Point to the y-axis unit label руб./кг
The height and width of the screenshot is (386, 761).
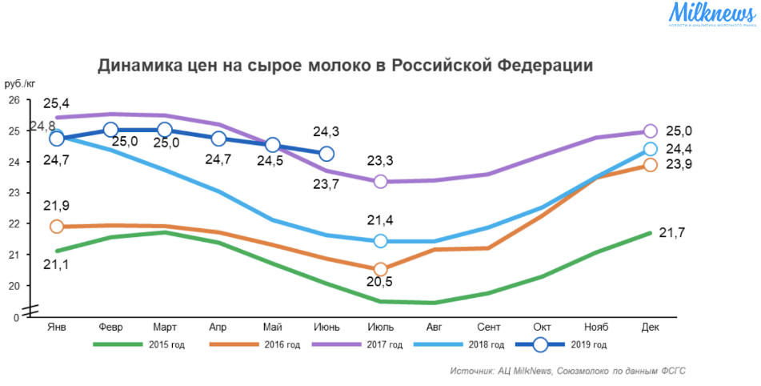point(20,84)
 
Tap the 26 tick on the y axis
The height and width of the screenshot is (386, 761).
point(14,100)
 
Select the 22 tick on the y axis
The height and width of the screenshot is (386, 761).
point(14,223)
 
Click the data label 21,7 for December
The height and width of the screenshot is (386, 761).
point(671,232)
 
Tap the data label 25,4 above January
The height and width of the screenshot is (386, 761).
point(56,104)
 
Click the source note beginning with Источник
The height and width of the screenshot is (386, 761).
point(567,371)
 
